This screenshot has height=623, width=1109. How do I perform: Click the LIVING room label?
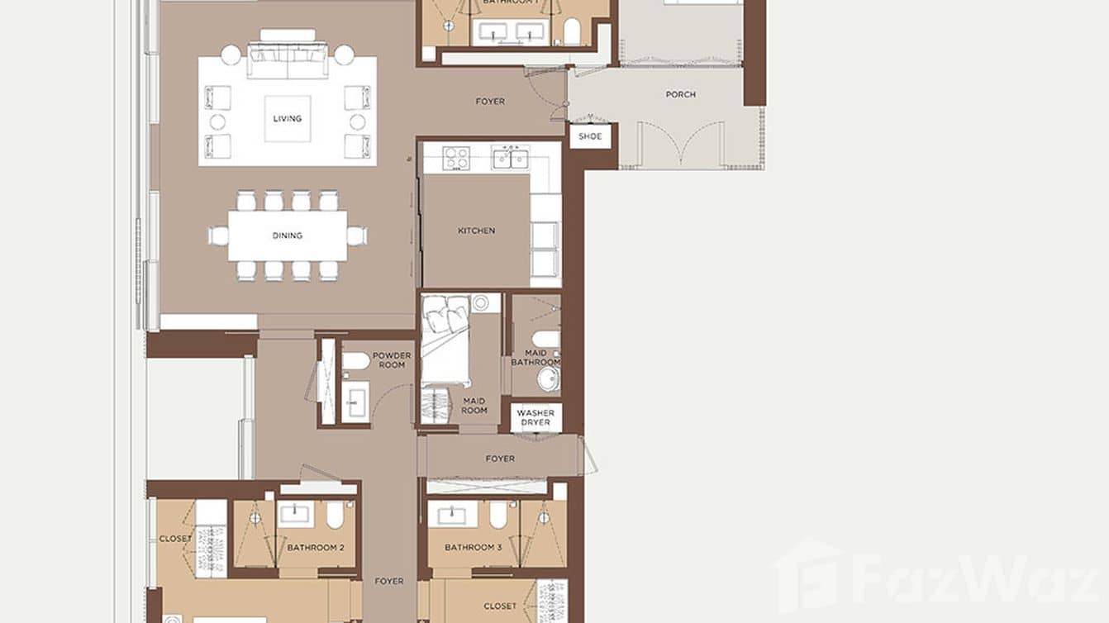[288, 119]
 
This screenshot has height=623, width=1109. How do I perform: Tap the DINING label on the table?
[288, 235]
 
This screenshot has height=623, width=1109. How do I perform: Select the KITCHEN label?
[477, 231]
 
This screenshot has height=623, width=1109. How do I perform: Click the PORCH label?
[680, 95]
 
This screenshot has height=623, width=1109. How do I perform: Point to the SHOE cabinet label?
[590, 136]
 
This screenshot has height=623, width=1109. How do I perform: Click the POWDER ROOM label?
[392, 360]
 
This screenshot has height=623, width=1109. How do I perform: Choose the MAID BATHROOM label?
[535, 357]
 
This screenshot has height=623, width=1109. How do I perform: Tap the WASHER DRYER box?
[535, 418]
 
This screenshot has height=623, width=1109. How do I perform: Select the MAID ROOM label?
[474, 405]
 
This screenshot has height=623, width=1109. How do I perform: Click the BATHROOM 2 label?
[316, 548]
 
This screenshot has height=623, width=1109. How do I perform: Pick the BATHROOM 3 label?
[474, 548]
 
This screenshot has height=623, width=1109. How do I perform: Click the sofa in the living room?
[288, 59]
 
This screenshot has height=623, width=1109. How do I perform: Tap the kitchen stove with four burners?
[456, 157]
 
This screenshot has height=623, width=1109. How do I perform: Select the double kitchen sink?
[511, 157]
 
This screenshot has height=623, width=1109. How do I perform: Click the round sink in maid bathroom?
[548, 378]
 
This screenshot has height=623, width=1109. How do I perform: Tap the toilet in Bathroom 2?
[335, 516]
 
